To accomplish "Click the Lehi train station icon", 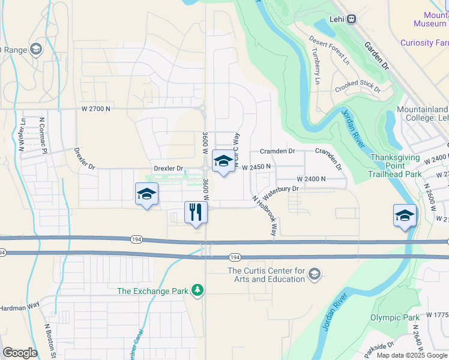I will (352, 19).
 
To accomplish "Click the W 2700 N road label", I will (96, 109).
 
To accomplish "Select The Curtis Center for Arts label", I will (267, 275).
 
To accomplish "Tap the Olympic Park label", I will (394, 317).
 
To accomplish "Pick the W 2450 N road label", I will (257, 166).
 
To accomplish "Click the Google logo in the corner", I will (20, 353).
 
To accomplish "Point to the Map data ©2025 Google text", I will (412, 355).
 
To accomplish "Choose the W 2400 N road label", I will (311, 179).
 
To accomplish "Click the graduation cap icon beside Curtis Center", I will (314, 275).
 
